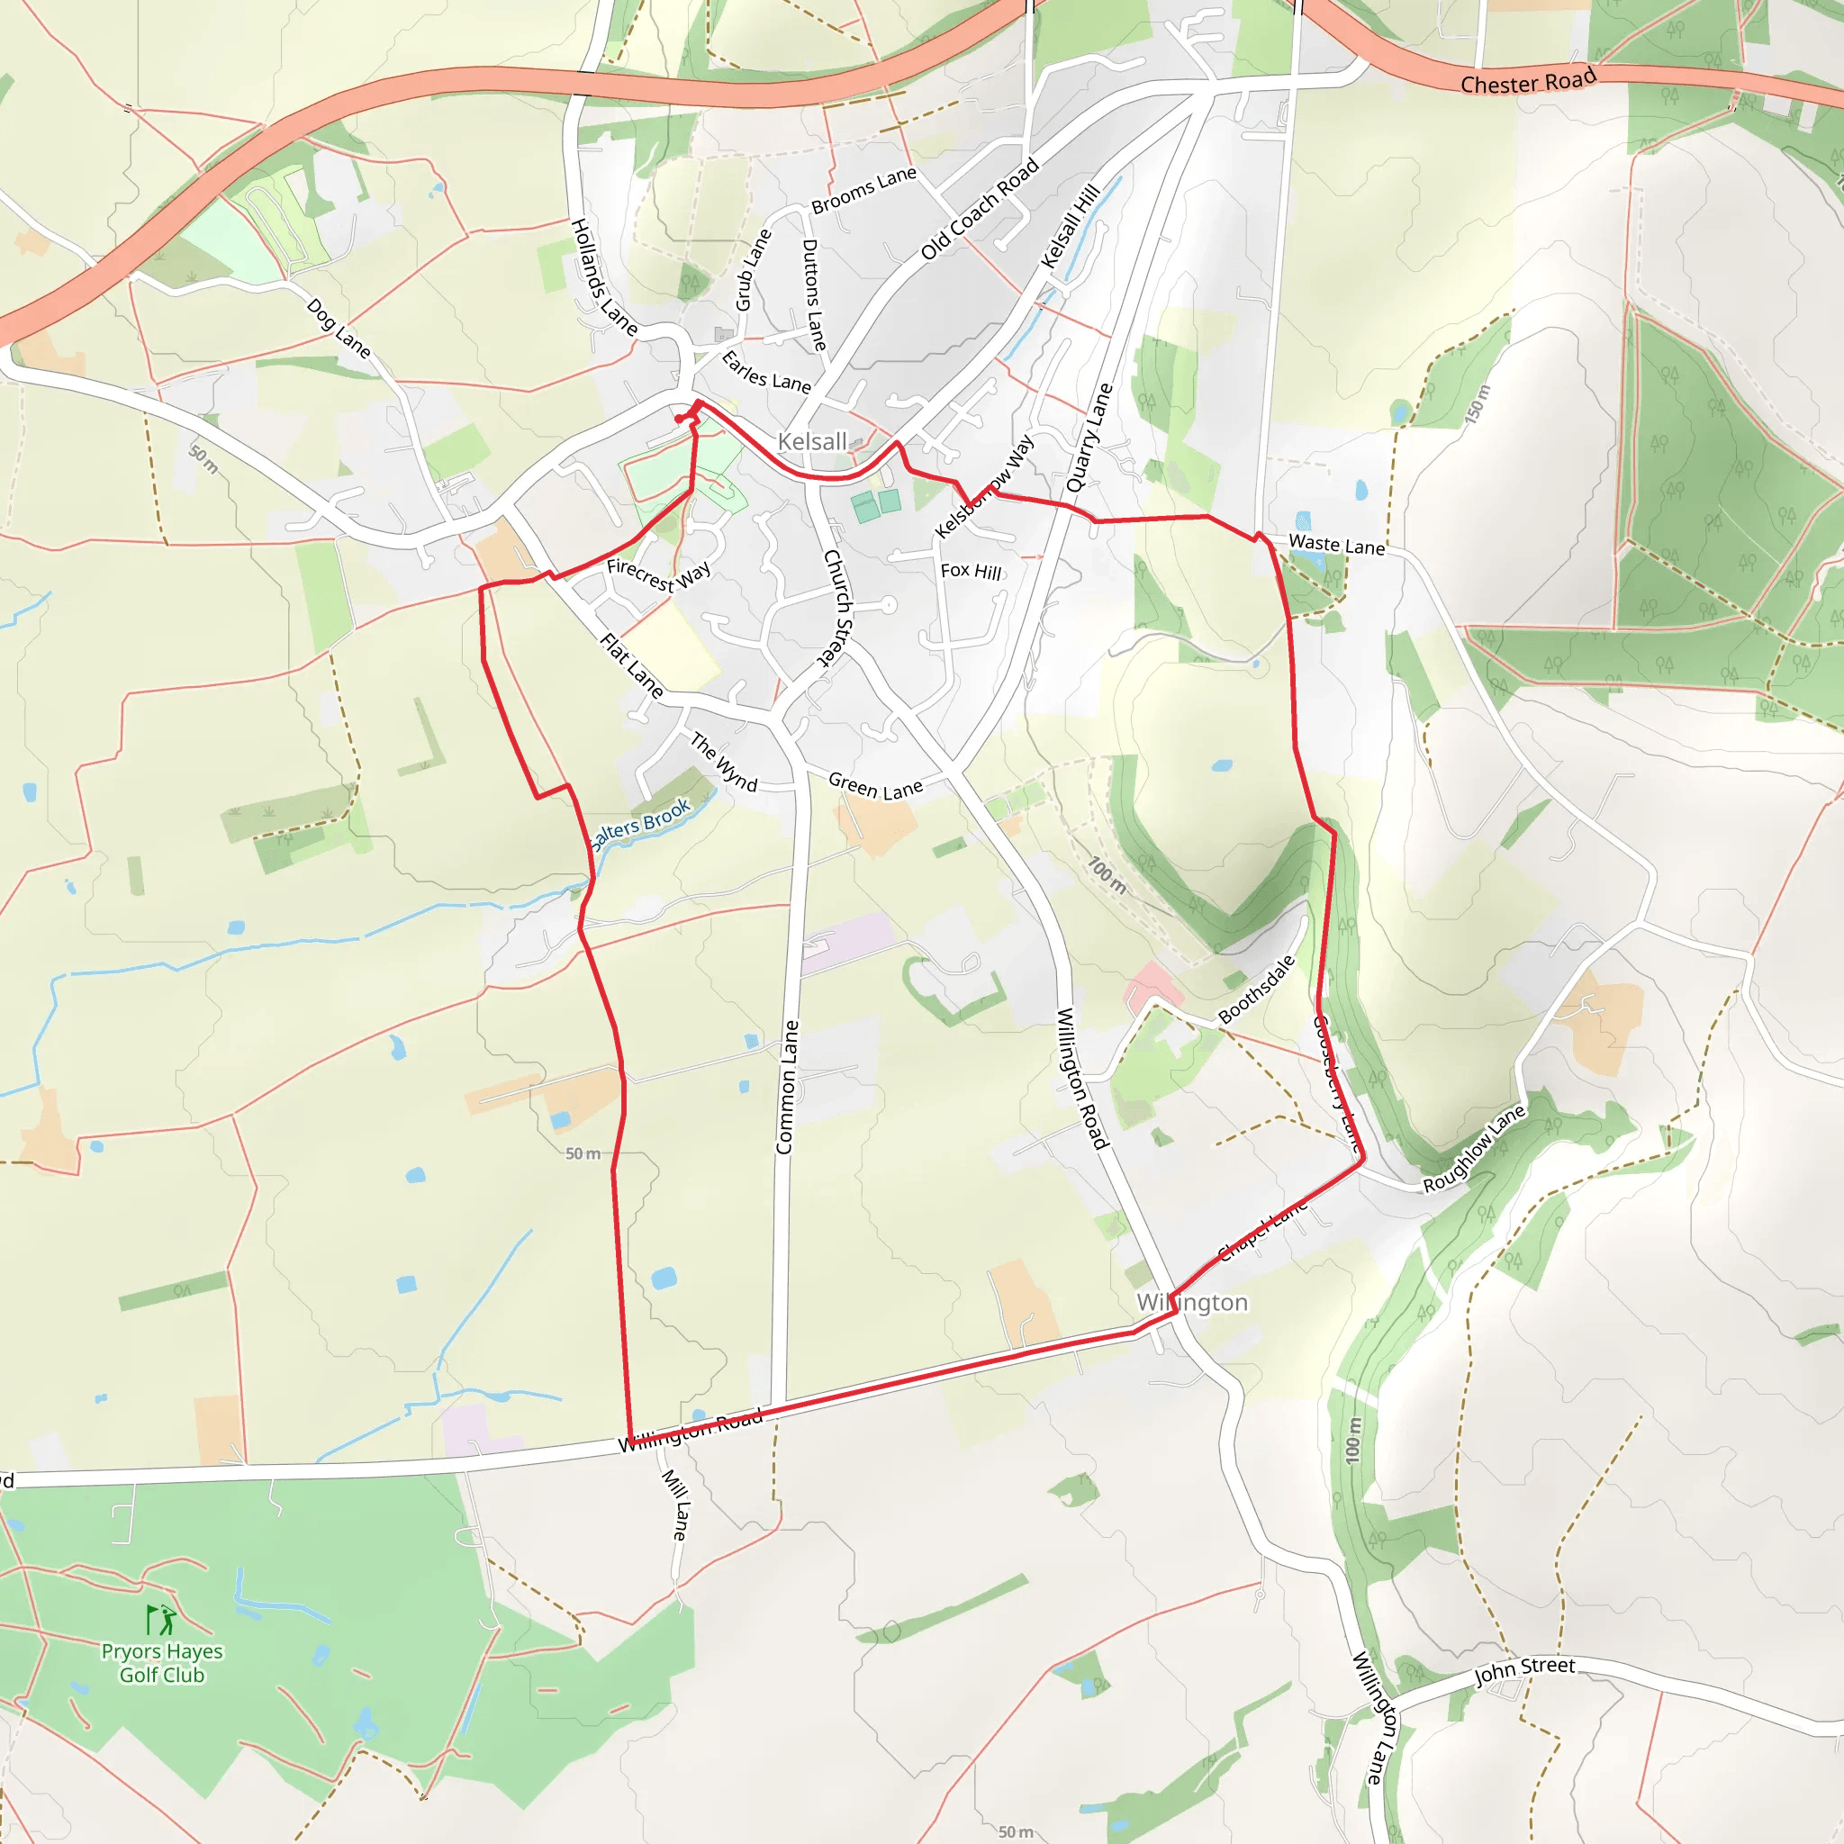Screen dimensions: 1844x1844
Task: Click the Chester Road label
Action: click(1528, 81)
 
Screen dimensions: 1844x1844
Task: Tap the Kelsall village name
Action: click(812, 441)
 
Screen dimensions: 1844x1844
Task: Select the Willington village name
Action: click(1192, 1303)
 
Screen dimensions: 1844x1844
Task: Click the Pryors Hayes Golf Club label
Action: click(162, 1663)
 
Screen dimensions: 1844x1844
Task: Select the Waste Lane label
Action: click(1336, 544)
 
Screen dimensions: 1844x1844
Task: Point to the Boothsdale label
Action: click(1258, 990)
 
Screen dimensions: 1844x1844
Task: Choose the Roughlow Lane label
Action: click(1474, 1149)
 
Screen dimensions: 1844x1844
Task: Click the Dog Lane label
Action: click(339, 328)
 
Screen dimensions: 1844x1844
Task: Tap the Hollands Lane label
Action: click(603, 276)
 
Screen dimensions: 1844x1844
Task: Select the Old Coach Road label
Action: click(980, 209)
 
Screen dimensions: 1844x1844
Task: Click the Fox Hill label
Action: click(971, 571)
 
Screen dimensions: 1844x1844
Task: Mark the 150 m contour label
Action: click(1477, 404)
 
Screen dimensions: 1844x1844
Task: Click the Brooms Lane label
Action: click(863, 189)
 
